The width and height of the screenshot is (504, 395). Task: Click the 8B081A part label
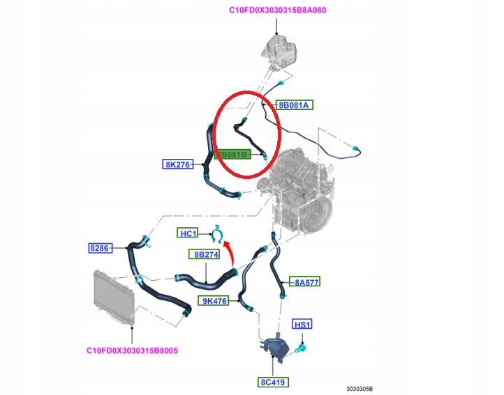295,105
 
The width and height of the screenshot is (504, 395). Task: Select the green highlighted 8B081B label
232,155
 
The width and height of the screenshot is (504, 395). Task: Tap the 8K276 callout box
179,164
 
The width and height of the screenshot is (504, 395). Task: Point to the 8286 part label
99,247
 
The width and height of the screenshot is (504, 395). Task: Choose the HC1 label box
188,233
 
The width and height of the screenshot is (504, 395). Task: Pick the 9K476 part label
215,301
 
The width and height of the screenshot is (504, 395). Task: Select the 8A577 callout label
306,282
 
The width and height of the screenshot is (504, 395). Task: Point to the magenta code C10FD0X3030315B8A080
278,10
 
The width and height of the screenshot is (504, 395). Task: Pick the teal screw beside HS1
303,345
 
